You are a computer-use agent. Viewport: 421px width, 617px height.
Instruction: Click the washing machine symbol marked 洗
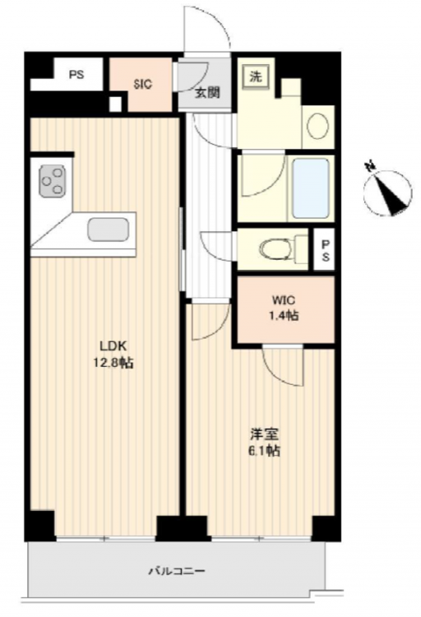click(256, 76)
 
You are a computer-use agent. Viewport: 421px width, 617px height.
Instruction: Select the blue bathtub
click(311, 188)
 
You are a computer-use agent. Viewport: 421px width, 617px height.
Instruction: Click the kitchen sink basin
click(109, 230)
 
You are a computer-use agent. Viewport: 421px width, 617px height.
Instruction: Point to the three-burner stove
click(53, 182)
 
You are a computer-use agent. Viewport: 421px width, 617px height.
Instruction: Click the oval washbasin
click(318, 126)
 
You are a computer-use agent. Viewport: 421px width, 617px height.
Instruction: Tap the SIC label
click(142, 84)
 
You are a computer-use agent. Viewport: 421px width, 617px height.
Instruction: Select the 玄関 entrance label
click(207, 93)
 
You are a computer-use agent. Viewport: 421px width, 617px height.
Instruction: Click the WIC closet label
click(284, 300)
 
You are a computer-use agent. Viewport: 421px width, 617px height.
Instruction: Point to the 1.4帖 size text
click(284, 316)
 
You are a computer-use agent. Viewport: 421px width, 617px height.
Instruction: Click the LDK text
click(113, 346)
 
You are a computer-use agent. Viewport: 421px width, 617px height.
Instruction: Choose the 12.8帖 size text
click(113, 363)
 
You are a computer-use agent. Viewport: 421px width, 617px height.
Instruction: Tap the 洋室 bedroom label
click(264, 434)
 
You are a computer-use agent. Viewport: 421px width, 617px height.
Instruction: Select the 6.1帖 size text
click(264, 451)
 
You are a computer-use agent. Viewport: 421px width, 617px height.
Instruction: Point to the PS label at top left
click(76, 74)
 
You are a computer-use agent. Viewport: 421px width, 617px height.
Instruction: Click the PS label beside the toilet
click(326, 250)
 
